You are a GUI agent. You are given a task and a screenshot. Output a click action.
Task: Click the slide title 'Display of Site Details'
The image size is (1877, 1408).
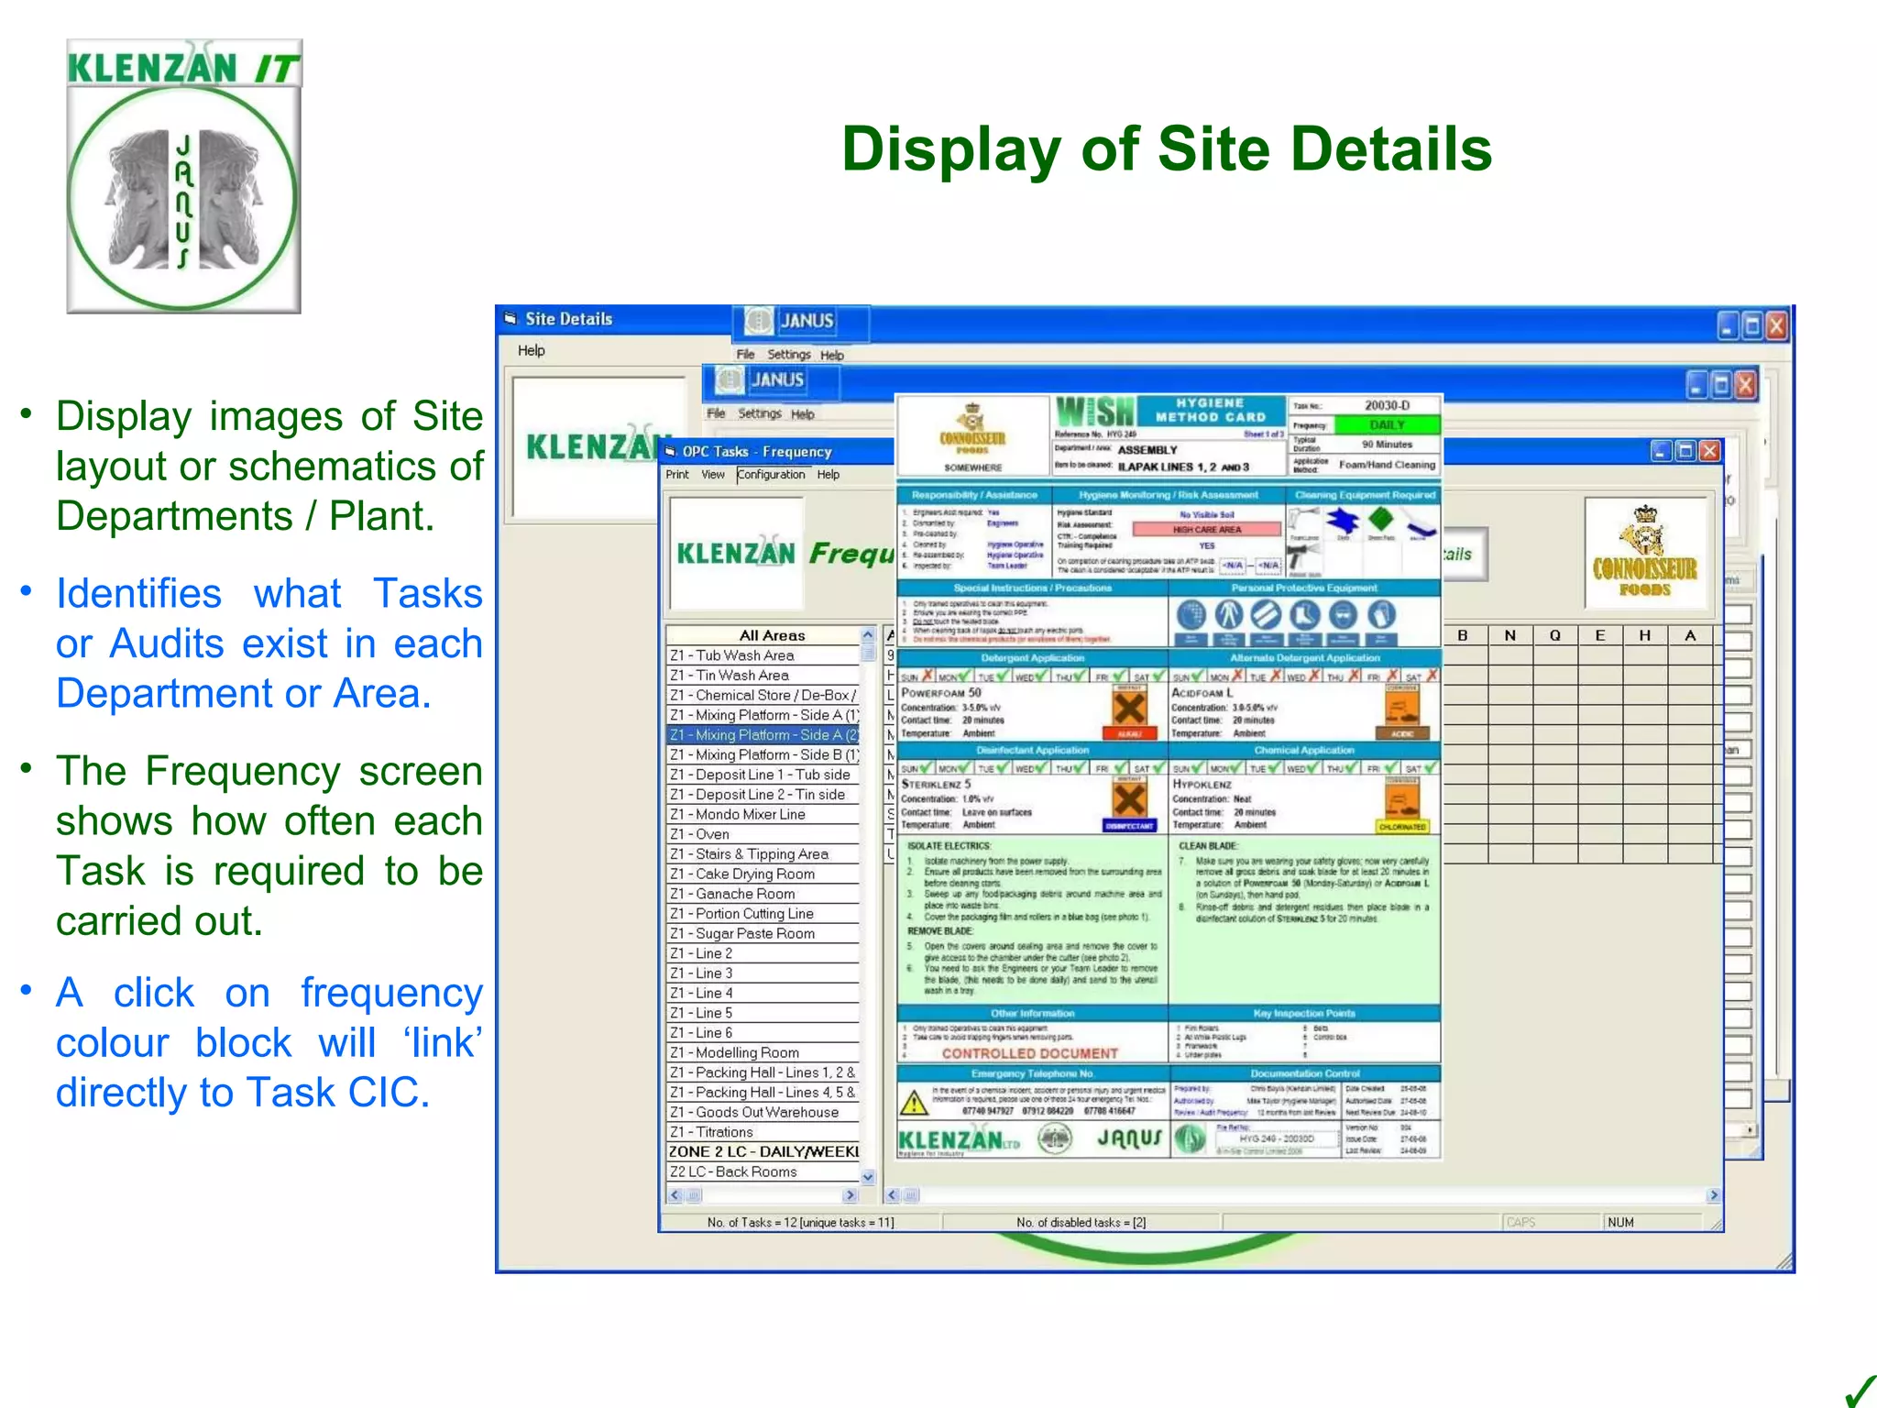1166,149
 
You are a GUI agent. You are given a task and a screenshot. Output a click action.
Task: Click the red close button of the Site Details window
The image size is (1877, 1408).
1776,325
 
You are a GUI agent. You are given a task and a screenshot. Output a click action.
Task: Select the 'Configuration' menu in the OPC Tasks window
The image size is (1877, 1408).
771,475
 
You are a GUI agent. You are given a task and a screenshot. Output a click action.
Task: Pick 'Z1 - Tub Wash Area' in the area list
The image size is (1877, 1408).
745,655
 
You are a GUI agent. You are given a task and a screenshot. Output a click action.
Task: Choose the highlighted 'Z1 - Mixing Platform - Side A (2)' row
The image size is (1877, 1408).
763,735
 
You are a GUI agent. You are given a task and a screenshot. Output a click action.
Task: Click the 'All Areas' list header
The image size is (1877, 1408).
772,635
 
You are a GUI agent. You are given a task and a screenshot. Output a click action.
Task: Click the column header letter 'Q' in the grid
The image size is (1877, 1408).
1555,635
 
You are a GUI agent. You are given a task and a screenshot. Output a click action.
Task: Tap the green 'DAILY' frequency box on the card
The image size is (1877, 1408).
1387,425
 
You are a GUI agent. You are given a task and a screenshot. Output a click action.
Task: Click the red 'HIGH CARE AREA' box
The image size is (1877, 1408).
1206,529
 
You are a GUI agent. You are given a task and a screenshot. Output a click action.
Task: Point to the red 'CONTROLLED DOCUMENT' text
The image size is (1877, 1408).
1029,1054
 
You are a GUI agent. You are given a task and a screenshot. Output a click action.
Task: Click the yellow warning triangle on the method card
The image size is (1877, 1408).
914,1103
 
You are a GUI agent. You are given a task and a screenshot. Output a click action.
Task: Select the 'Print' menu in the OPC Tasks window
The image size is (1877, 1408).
677,475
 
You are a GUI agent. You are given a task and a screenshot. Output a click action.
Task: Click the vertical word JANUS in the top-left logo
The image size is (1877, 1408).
183,201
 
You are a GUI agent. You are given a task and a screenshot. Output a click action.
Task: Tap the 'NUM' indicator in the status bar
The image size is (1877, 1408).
1620,1222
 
